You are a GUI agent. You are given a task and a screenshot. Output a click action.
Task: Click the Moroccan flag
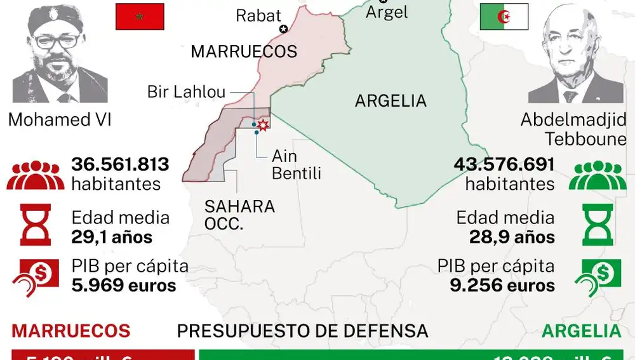140,17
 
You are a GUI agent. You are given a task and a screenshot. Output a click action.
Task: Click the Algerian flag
504,17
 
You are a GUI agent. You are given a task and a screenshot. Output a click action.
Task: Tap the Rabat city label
258,15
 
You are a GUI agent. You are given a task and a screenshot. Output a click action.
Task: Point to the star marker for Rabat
283,29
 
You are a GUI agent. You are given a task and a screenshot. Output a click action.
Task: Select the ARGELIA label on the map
391,100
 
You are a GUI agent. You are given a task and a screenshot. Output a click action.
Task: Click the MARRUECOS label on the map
244,51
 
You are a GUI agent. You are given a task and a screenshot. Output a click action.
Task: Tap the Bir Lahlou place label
186,92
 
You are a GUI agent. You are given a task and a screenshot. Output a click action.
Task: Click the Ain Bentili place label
296,164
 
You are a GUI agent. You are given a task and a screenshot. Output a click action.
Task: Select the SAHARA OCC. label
239,215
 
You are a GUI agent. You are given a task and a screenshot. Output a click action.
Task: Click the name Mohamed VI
60,119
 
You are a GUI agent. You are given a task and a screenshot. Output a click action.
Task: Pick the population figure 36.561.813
120,165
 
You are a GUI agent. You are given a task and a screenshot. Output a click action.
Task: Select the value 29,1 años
112,237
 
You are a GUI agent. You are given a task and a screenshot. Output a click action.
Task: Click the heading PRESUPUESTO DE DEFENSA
302,331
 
